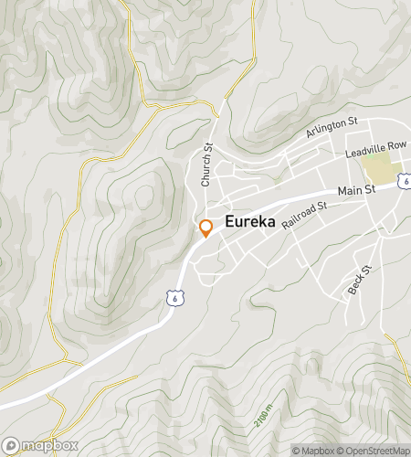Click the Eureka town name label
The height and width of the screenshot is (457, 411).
tap(249, 222)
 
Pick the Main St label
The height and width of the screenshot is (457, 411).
tap(356, 190)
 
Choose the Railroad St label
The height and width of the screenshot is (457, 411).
tap(303, 218)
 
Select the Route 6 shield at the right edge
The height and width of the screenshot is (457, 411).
tap(405, 183)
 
